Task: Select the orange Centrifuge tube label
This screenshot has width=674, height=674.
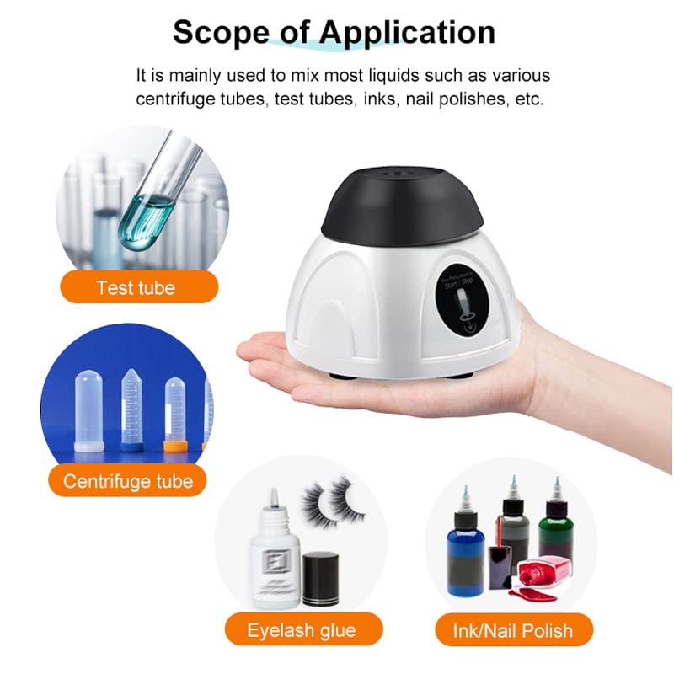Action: click(127, 482)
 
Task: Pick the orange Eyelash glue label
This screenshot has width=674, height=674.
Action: click(301, 629)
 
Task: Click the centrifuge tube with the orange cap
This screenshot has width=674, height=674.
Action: click(175, 413)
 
